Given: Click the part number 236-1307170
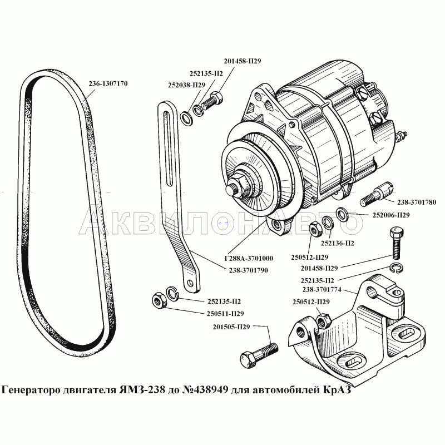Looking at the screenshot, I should tap(108, 84).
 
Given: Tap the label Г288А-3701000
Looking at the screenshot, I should tap(248, 259).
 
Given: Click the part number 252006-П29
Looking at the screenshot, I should tap(390, 215).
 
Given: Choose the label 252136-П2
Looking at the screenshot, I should tap(338, 243).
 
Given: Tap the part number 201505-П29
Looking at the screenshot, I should tap(230, 327).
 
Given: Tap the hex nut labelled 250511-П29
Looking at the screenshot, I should tap(158, 300).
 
